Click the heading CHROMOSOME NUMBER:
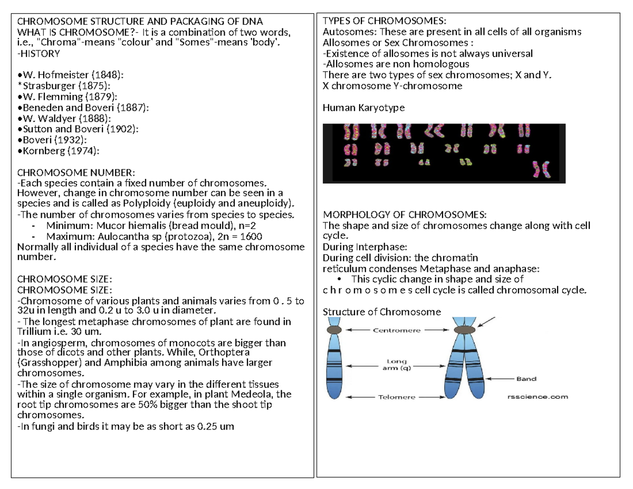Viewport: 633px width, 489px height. click(x=76, y=172)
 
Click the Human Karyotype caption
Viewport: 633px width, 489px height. click(x=363, y=108)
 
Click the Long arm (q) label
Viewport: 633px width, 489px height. click(x=396, y=365)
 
